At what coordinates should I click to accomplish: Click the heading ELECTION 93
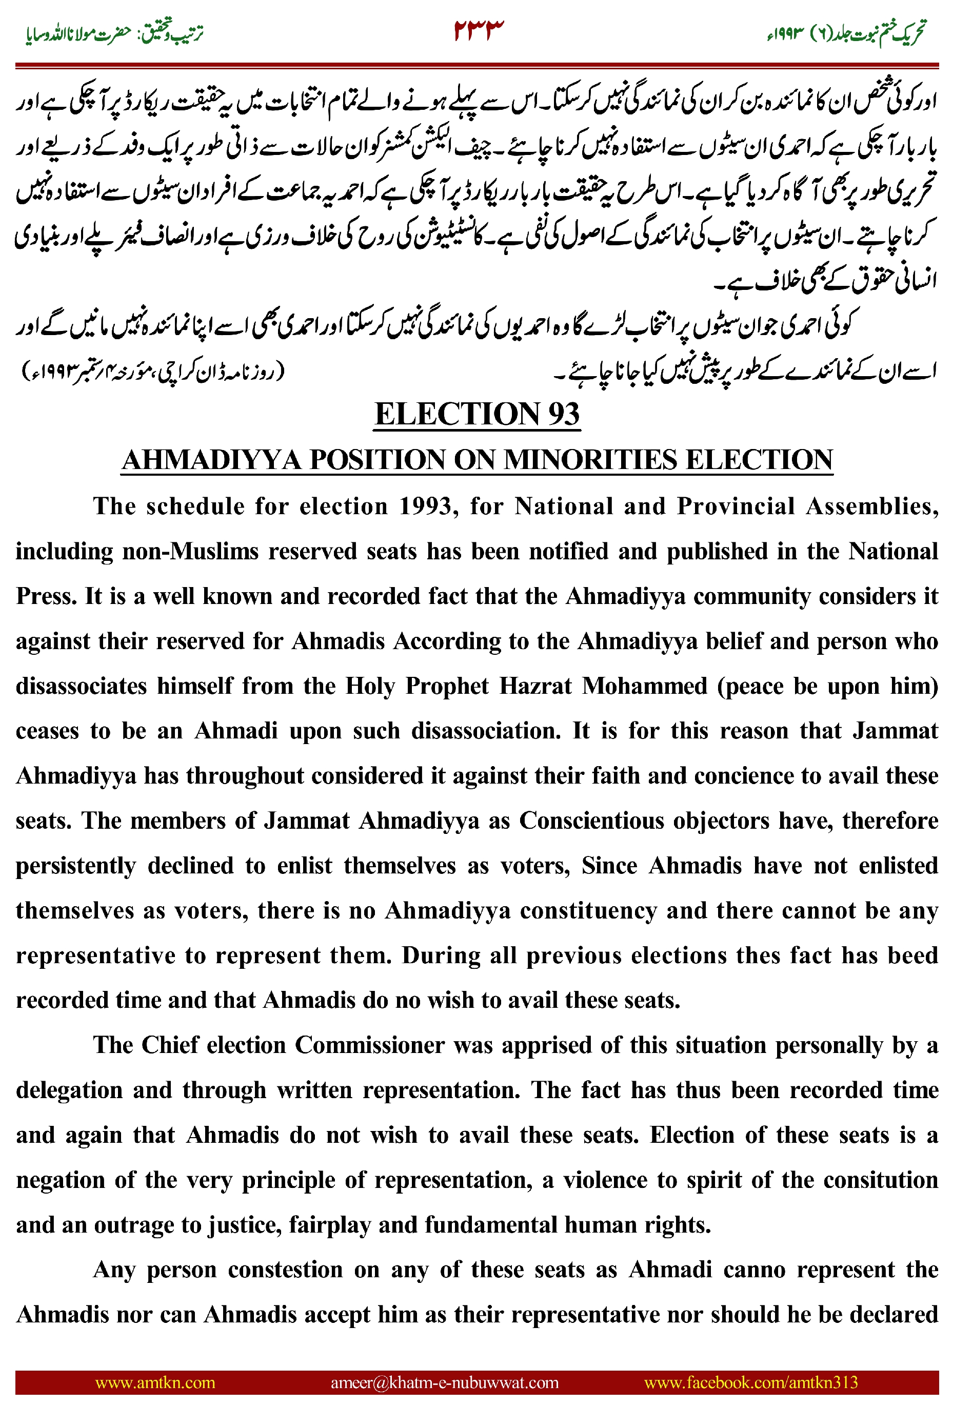(476, 414)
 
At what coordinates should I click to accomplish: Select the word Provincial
(736, 506)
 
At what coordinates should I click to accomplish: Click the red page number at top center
(479, 30)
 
